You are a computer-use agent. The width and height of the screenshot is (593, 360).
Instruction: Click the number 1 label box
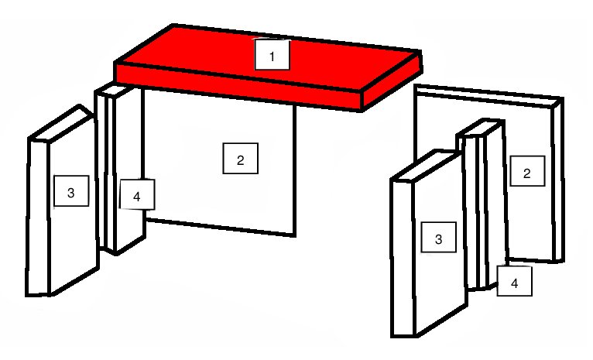(272, 54)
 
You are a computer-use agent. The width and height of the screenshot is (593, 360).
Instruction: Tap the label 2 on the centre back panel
(241, 159)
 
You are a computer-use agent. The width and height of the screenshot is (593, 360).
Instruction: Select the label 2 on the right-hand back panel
(527, 171)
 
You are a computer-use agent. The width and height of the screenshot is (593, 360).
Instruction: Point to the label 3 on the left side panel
(71, 191)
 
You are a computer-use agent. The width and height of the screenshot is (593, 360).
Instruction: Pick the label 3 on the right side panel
(439, 237)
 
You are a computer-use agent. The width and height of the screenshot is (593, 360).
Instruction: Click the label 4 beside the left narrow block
(137, 194)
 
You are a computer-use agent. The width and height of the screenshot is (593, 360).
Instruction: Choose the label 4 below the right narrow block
(514, 281)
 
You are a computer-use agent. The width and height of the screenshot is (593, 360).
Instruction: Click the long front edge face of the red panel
(238, 87)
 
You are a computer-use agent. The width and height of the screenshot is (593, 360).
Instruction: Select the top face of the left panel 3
(60, 123)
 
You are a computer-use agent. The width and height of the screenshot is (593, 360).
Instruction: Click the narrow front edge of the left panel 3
(38, 218)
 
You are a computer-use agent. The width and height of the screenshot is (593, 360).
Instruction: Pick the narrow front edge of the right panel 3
(403, 259)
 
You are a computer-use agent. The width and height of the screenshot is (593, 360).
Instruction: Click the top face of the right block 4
(480, 129)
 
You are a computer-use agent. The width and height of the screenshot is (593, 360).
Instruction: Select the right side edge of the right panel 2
(559, 180)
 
